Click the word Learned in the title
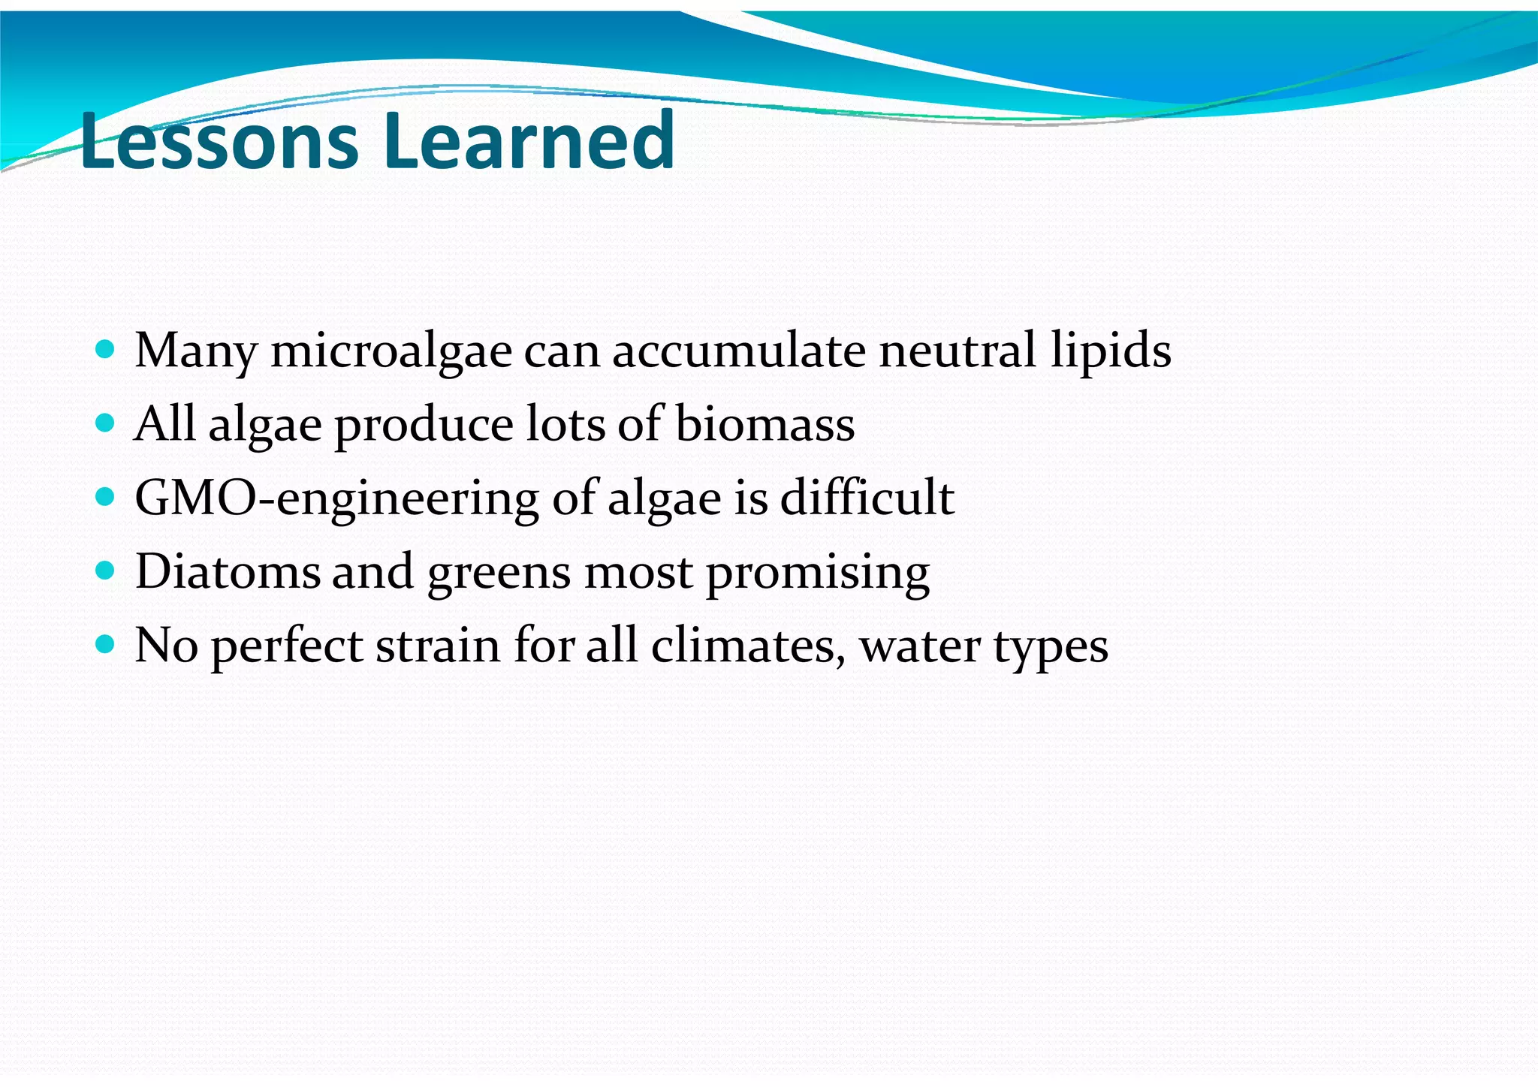(x=529, y=140)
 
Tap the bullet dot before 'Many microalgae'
(x=106, y=349)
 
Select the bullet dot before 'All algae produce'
(x=106, y=423)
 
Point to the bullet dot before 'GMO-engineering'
(x=106, y=496)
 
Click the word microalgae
(x=391, y=351)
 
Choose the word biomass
(x=764, y=424)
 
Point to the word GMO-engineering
(x=336, y=499)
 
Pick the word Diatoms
(x=228, y=571)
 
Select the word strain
(x=437, y=646)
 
